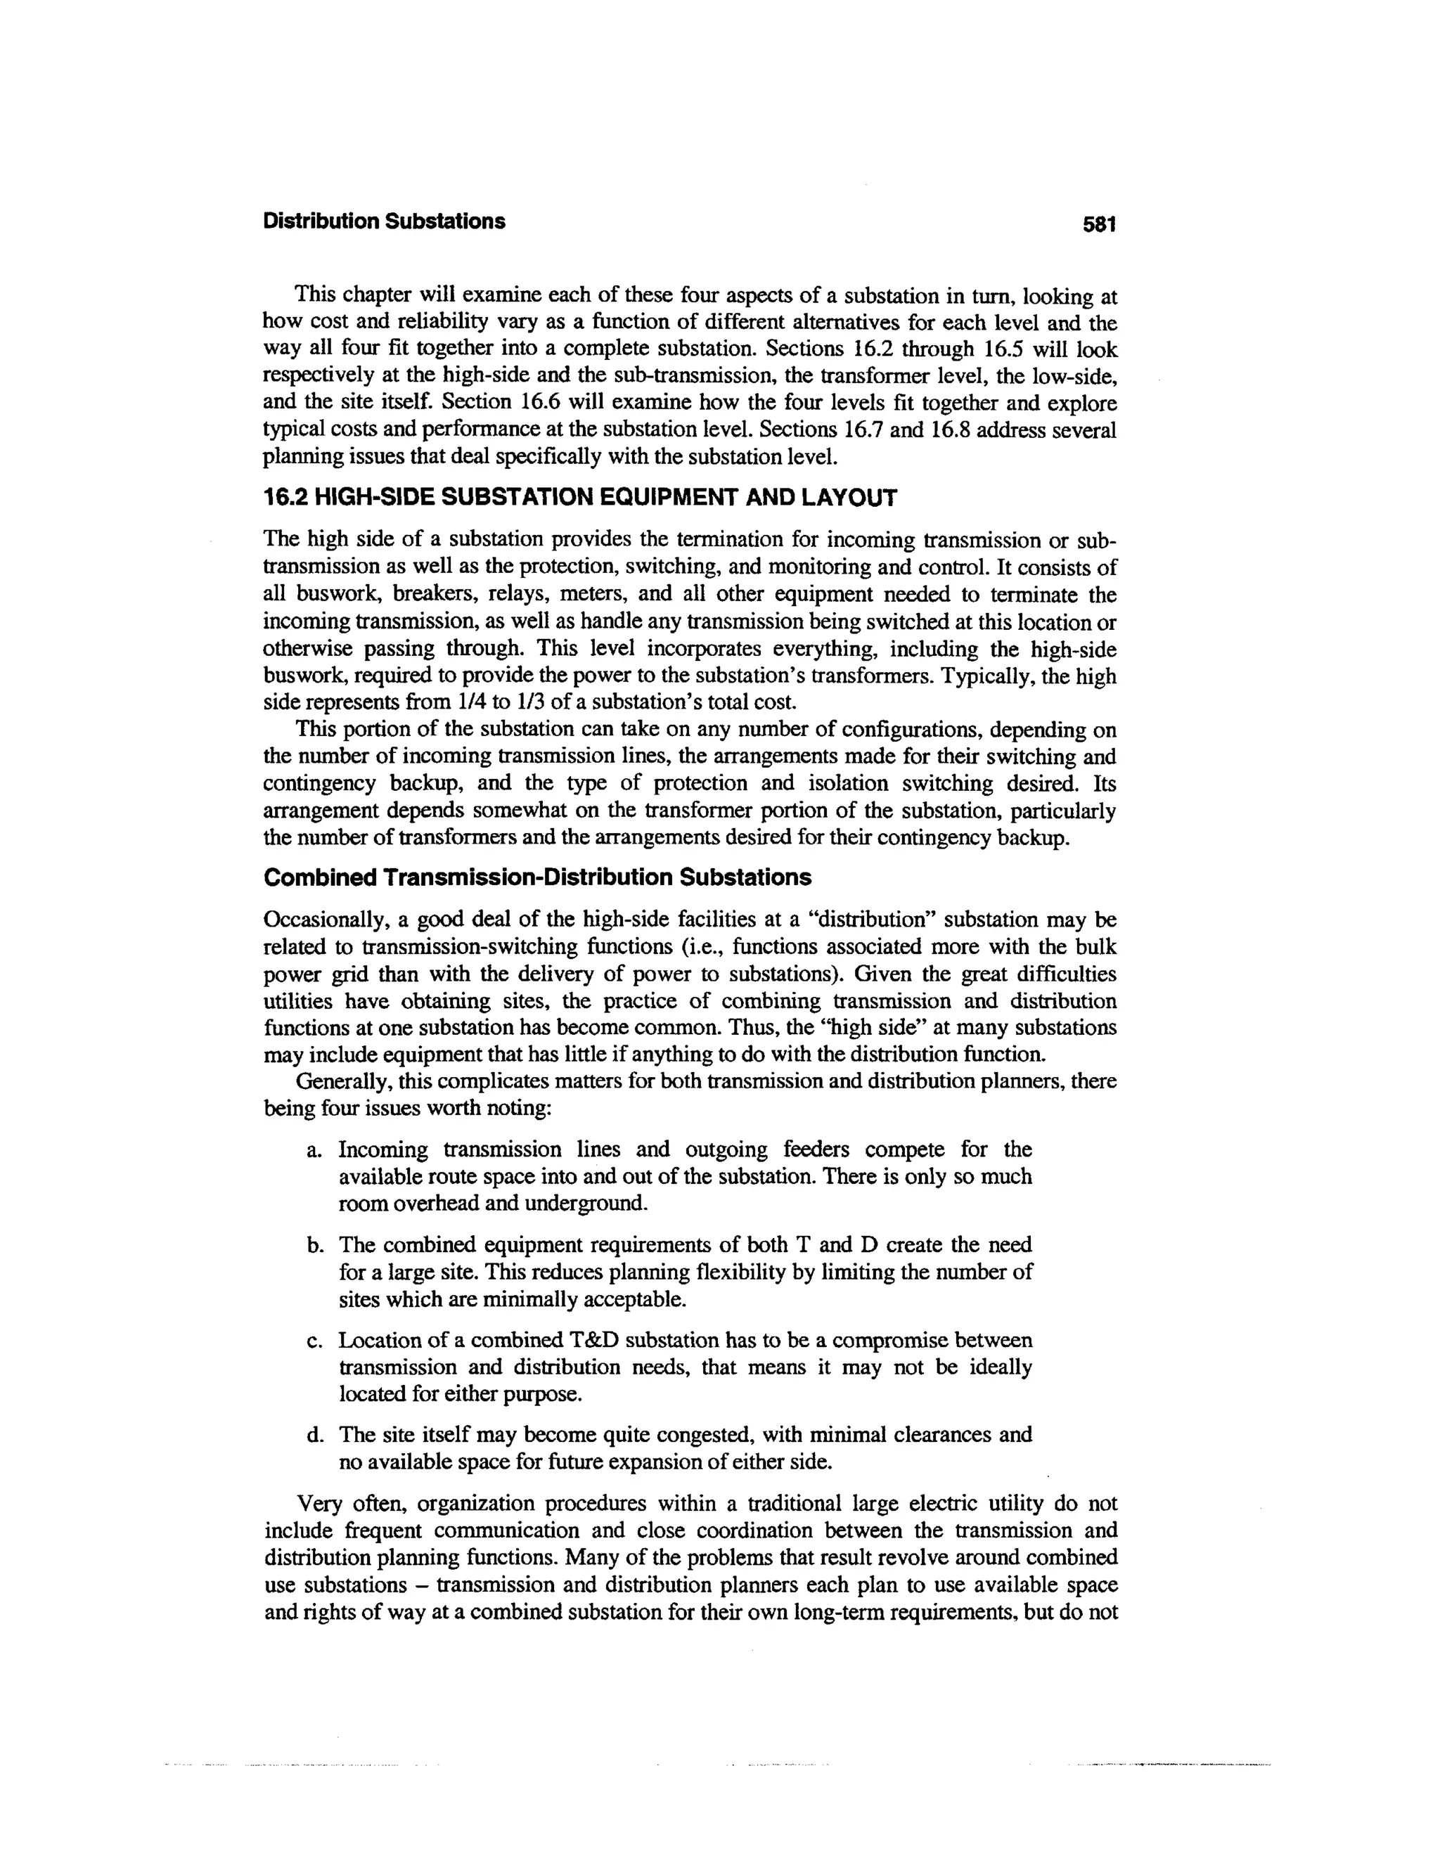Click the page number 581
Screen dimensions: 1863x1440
coord(1099,224)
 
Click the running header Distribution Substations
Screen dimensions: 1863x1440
coord(384,221)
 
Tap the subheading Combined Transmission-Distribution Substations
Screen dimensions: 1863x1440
coord(537,878)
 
